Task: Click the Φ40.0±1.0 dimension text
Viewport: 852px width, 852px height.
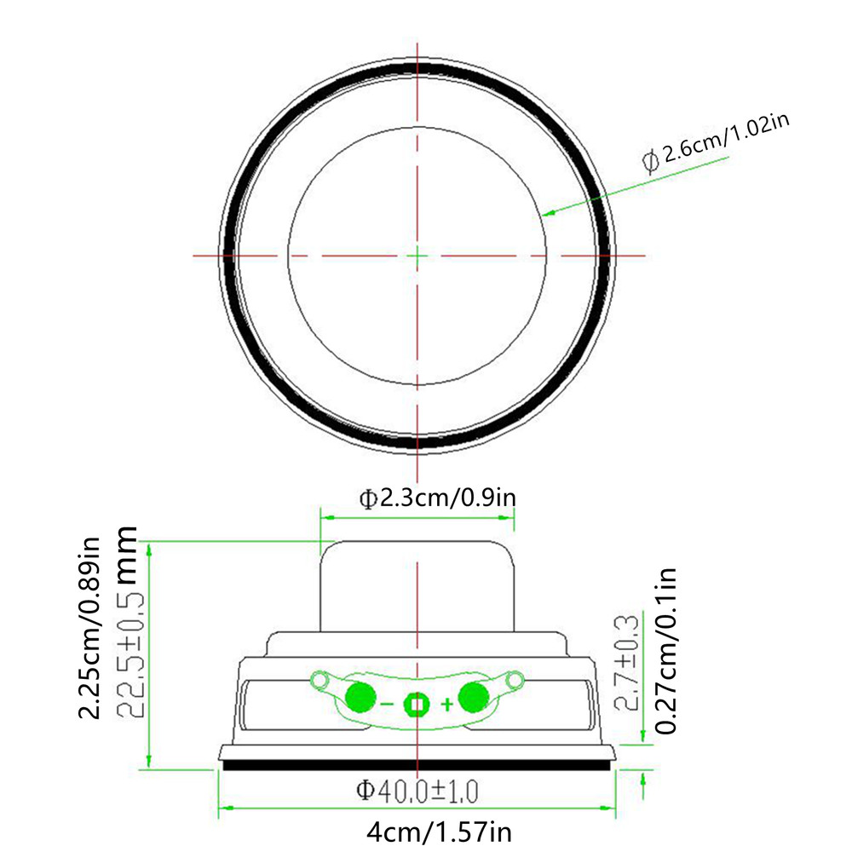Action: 417,792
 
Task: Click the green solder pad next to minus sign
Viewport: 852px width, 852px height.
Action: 360,698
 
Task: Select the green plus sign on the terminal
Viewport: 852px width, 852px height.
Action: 445,704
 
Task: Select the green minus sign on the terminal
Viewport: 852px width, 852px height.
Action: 387,704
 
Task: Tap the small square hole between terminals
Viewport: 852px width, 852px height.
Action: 416,704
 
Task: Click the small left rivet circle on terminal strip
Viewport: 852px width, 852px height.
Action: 319,679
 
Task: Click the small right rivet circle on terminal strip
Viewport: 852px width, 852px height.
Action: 514,679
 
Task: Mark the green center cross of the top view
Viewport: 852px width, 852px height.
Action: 417,254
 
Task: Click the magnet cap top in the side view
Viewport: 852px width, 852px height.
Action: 417,550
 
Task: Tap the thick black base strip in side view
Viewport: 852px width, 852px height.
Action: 417,766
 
